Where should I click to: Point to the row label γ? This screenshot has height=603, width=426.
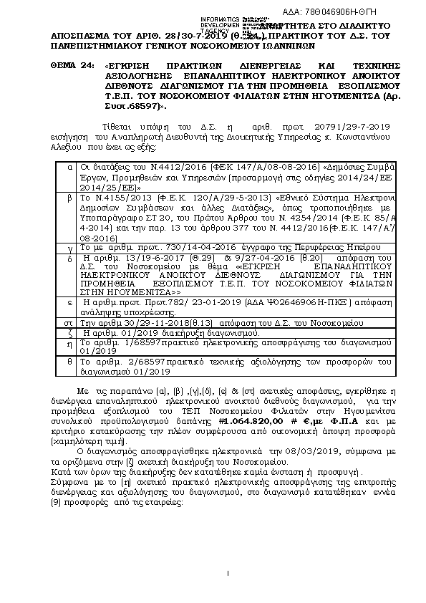[x=69, y=226]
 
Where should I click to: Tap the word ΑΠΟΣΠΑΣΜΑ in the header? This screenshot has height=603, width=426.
[x=83, y=34]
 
